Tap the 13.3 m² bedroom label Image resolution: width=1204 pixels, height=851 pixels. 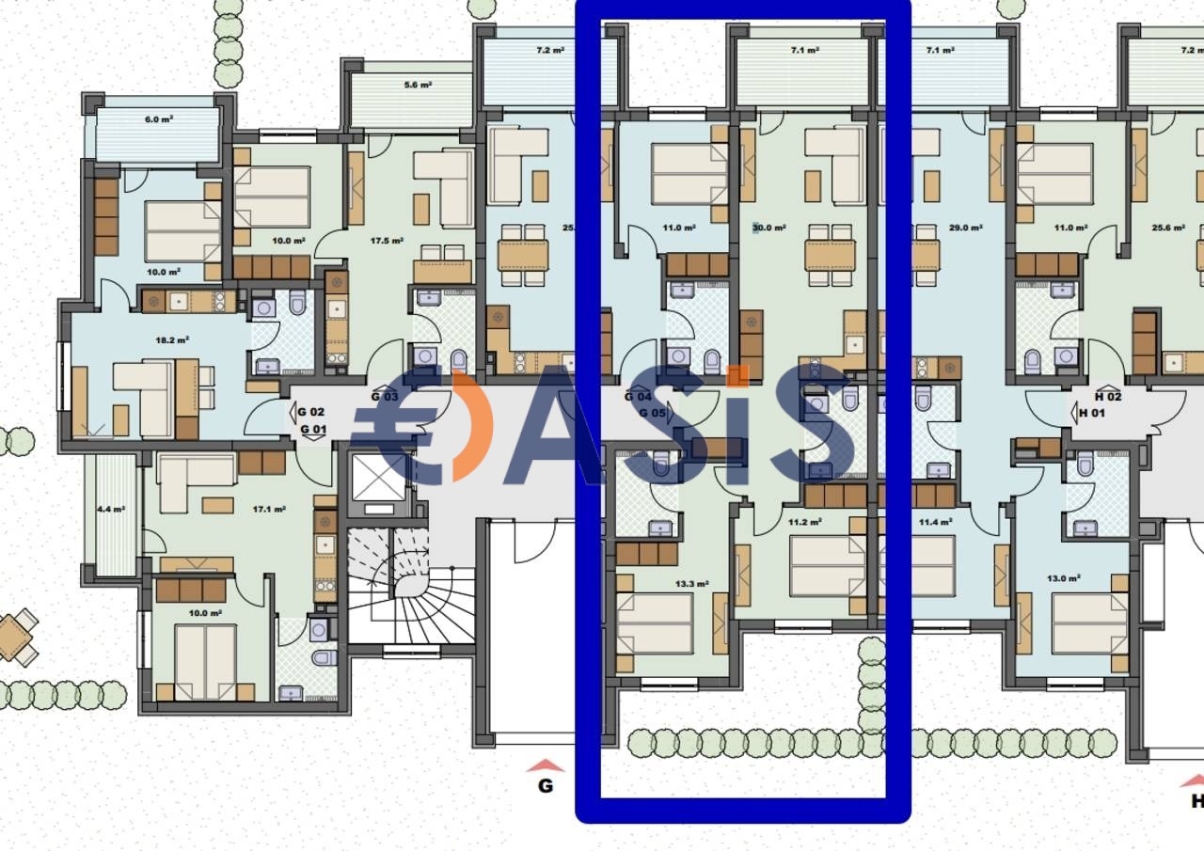(691, 583)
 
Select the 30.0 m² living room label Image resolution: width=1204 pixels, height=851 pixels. (769, 228)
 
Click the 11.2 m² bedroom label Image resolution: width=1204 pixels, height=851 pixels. (804, 522)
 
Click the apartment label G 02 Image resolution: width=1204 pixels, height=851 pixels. (311, 412)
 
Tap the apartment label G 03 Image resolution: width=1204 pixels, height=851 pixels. (385, 397)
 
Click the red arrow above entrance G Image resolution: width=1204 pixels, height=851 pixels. (545, 765)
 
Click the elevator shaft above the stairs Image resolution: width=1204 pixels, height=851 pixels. (378, 481)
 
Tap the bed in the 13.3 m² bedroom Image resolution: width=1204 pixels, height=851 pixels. (655, 623)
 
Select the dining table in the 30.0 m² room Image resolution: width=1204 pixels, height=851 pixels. (830, 255)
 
